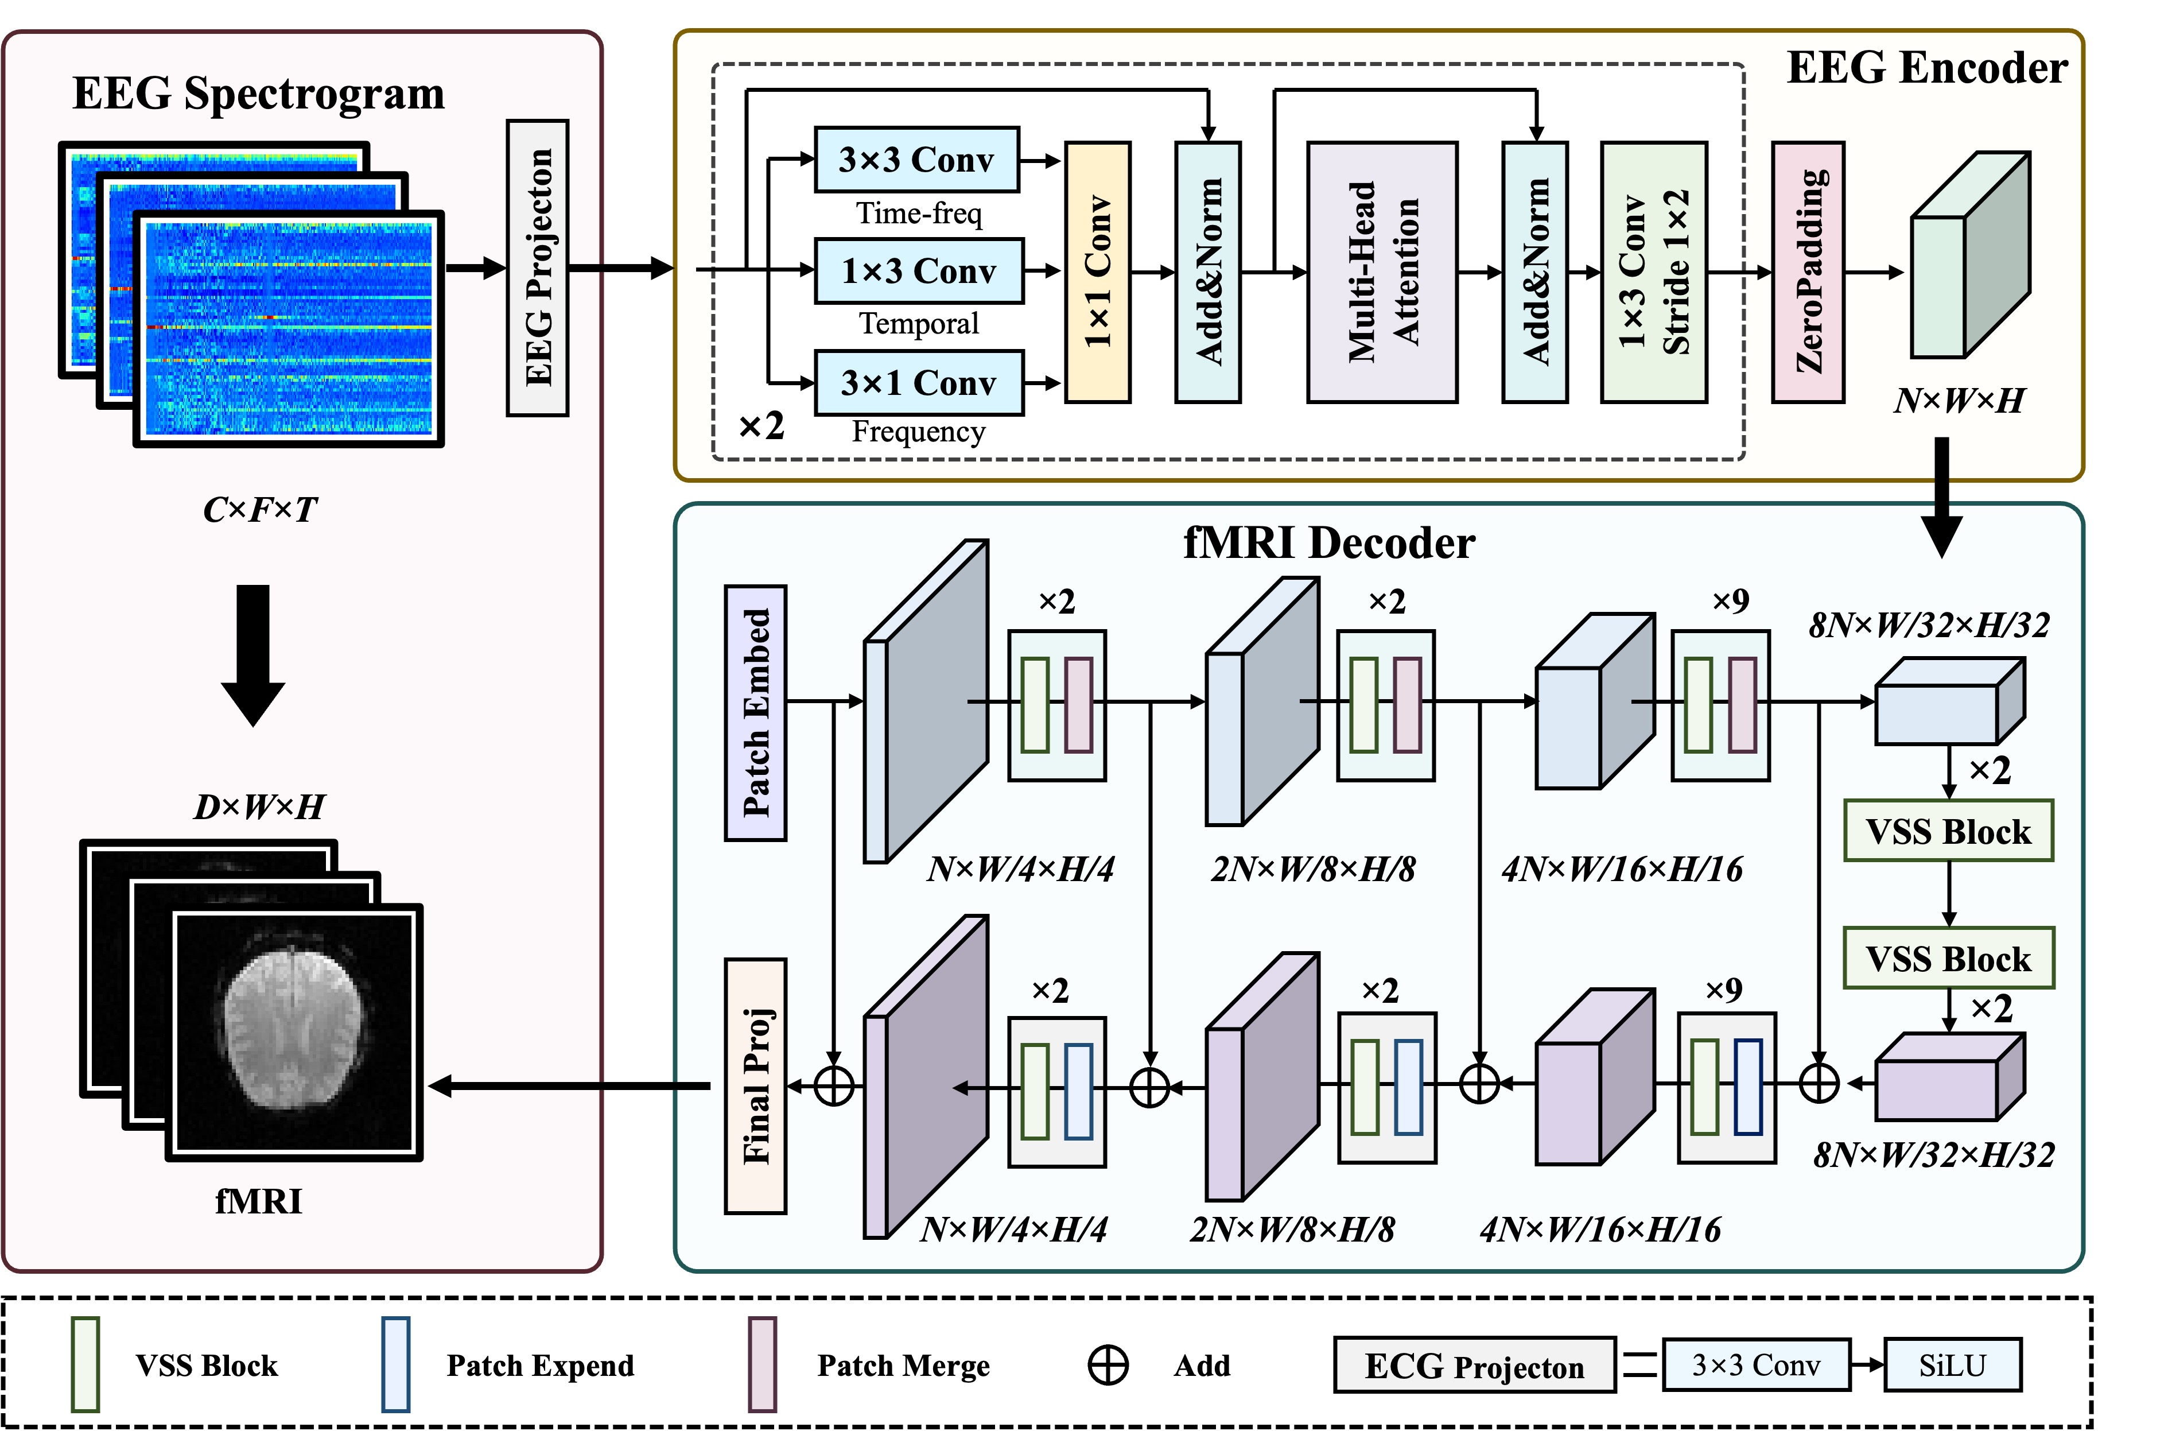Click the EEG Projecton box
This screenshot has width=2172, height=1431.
(x=538, y=268)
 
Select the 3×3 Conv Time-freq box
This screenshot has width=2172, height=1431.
(x=916, y=160)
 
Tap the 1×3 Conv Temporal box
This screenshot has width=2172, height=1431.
(x=918, y=271)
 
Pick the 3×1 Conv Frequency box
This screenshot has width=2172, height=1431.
(x=918, y=382)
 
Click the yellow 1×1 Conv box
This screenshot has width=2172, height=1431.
(x=1098, y=272)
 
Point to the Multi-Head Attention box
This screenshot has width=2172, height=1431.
(x=1382, y=272)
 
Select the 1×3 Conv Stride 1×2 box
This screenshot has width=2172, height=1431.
(x=1654, y=272)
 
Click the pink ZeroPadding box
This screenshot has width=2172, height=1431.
(x=1808, y=272)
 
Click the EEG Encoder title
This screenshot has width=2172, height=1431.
(x=1926, y=68)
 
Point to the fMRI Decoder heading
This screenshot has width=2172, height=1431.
(x=1329, y=544)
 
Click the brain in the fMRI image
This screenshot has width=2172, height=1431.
(x=293, y=1027)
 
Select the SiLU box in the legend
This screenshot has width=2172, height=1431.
(x=1952, y=1366)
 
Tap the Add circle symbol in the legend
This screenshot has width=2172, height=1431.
(x=1108, y=1366)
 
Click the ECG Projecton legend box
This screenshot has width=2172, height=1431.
(x=1474, y=1366)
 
